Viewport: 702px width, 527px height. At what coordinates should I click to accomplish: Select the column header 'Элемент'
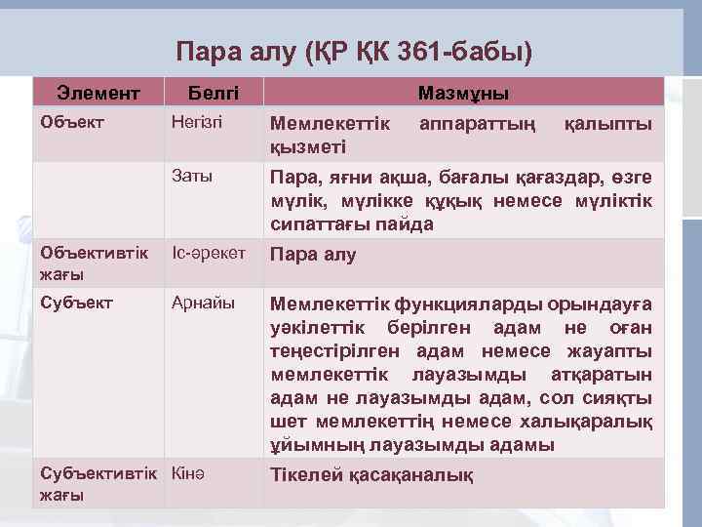click(x=97, y=94)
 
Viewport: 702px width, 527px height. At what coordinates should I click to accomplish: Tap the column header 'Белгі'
click(x=213, y=94)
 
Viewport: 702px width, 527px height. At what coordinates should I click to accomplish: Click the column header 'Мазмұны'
click(x=463, y=94)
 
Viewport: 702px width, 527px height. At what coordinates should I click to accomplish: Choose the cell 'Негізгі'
click(x=197, y=123)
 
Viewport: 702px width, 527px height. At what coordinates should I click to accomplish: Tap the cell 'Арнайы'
click(x=203, y=303)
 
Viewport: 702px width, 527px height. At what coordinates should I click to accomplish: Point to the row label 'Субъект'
click(x=71, y=303)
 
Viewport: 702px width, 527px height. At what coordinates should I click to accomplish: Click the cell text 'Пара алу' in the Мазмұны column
click(x=312, y=255)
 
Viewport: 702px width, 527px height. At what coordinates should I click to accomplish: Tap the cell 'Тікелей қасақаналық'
click(x=371, y=475)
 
